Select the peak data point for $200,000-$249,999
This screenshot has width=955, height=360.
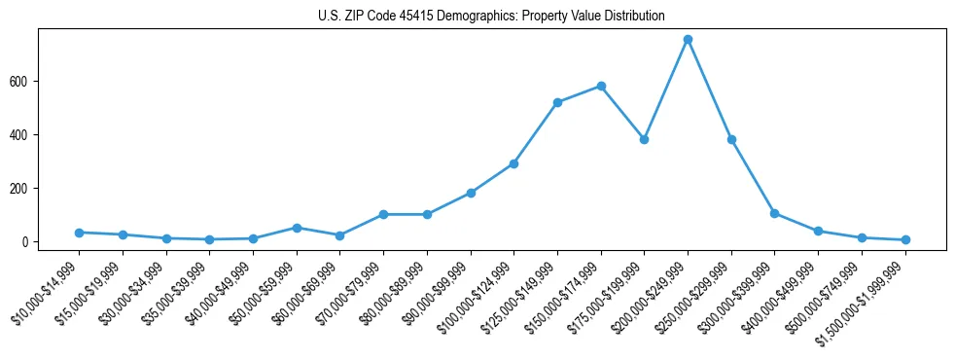pyautogui.click(x=688, y=39)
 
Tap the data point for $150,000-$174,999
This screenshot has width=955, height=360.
pyautogui.click(x=601, y=86)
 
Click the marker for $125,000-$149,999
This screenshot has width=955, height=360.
pyautogui.click(x=557, y=102)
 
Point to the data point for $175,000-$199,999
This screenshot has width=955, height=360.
pyautogui.click(x=644, y=139)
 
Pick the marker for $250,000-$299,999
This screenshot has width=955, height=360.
pyautogui.click(x=731, y=139)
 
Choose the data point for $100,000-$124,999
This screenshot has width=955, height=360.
pyautogui.click(x=513, y=163)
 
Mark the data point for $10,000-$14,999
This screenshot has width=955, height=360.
pyautogui.click(x=79, y=233)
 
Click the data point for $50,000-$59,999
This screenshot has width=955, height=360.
pyautogui.click(x=297, y=228)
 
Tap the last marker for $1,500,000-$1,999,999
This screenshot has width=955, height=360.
pyautogui.click(x=905, y=239)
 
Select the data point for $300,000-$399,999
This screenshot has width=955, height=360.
pyautogui.click(x=774, y=213)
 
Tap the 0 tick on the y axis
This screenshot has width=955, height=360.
pyautogui.click(x=30, y=241)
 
